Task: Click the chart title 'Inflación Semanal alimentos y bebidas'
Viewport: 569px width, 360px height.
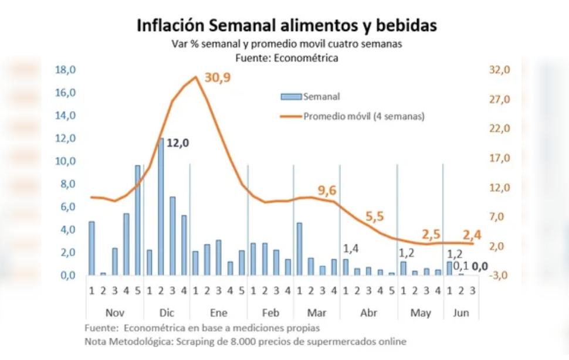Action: [286, 26]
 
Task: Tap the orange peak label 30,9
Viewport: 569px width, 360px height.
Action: [217, 78]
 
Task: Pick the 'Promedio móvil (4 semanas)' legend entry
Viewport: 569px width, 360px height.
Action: [364, 116]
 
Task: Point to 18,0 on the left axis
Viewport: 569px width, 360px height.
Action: [65, 70]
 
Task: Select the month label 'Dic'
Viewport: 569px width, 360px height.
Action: [167, 313]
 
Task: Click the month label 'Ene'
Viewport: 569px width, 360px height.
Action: [218, 313]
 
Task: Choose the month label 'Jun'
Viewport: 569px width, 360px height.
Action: [460, 313]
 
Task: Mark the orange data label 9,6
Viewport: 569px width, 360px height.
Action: [327, 190]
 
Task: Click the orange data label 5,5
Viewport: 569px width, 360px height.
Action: [374, 216]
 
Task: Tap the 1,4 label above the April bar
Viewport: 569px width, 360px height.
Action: [351, 249]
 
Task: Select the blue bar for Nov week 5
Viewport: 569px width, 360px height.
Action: [138, 220]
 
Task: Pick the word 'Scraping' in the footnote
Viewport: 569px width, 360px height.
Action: [226, 341]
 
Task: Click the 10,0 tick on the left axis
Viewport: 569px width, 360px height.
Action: [65, 161]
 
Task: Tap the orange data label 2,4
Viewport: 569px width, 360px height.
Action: [473, 236]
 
